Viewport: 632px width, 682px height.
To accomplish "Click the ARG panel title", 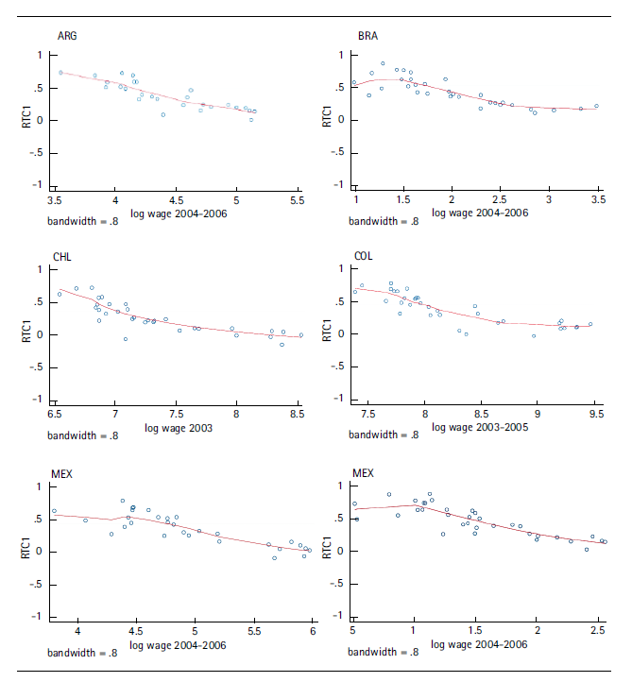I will (68, 36).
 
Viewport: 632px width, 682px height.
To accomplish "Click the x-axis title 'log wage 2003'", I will (179, 429).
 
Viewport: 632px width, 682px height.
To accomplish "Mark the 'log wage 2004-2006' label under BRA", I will (480, 213).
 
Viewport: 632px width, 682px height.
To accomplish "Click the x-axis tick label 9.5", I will (595, 413).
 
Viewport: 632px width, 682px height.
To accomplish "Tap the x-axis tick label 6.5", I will (55, 413).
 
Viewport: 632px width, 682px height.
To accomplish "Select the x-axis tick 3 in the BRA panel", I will (548, 200).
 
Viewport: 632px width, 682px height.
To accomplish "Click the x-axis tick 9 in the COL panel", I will (538, 413).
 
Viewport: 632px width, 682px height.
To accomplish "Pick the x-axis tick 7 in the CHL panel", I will (115, 413).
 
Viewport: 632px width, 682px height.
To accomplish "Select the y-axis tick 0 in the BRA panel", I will (340, 120).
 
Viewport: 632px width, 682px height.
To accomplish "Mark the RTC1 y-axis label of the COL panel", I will (328, 334).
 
